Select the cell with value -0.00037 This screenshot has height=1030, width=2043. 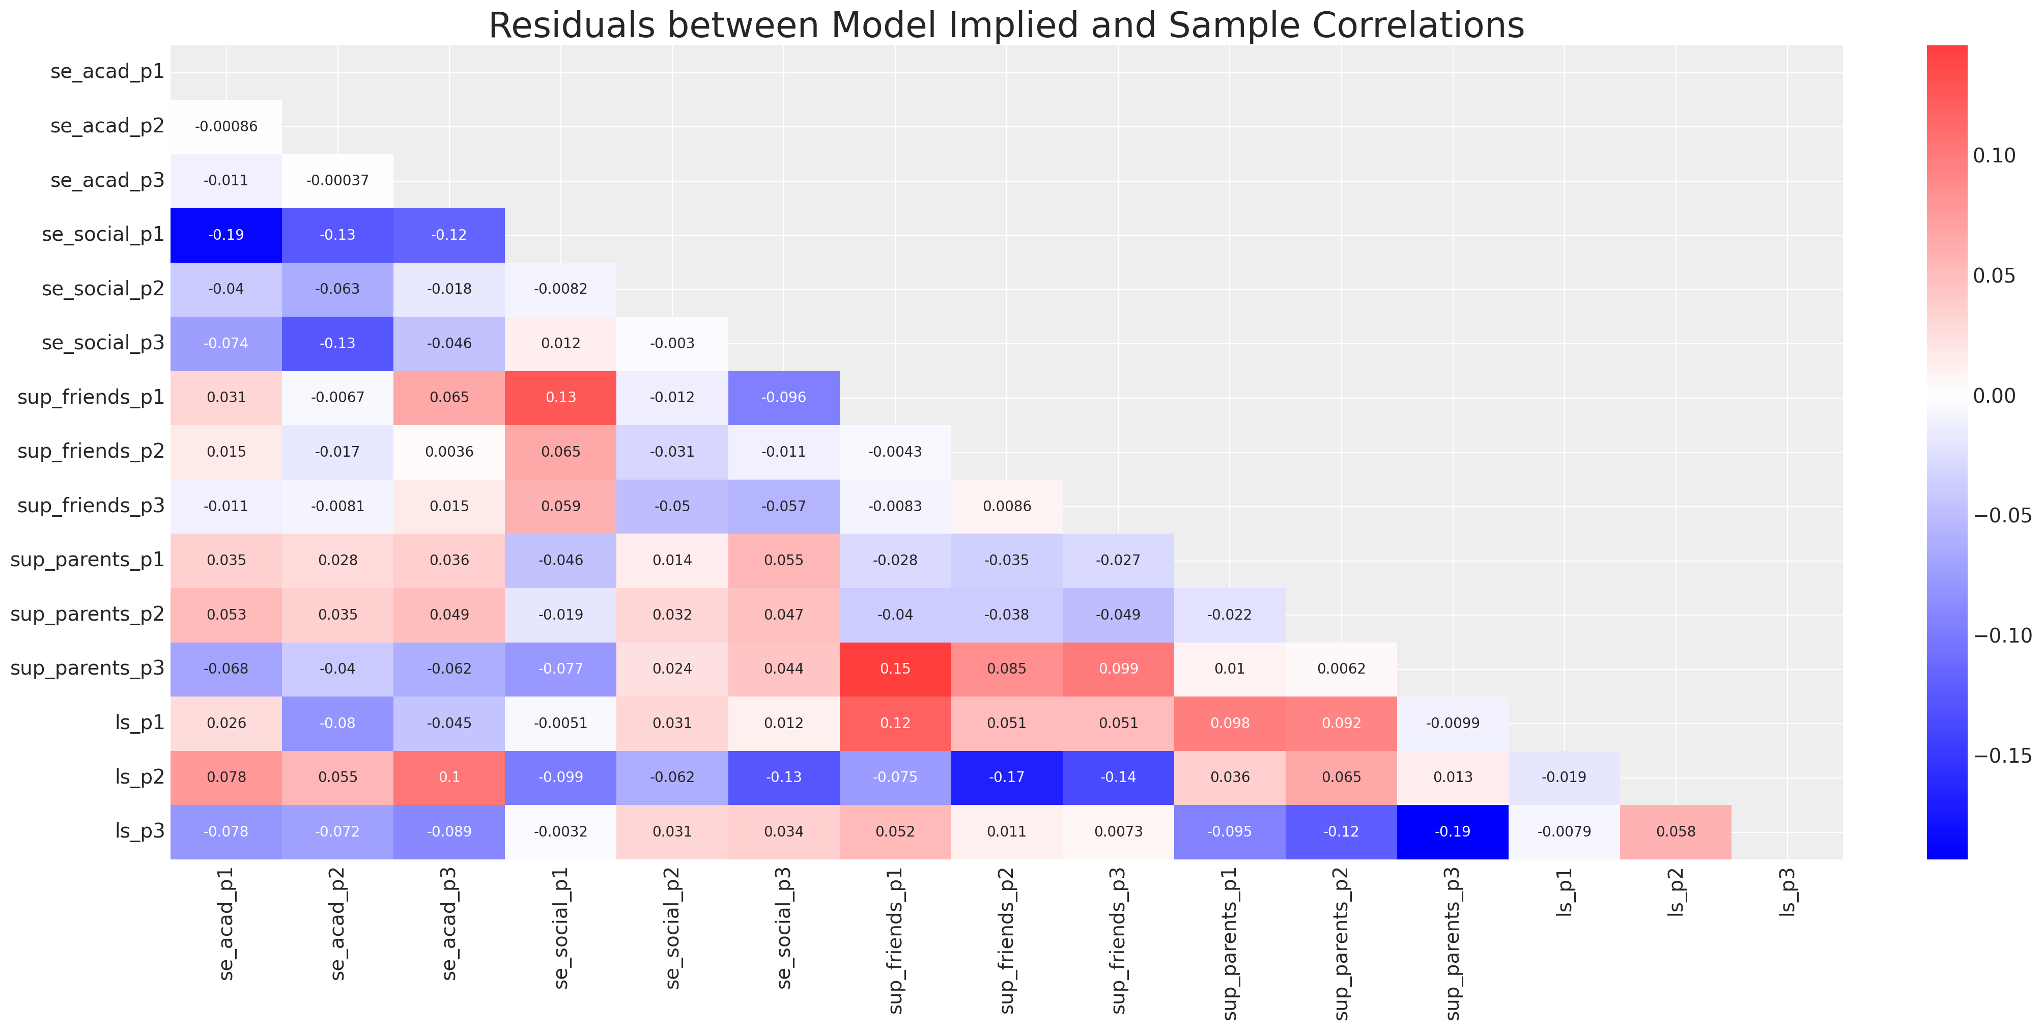tap(338, 180)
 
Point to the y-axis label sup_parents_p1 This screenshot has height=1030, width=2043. tap(87, 560)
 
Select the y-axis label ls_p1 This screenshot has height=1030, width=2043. tap(139, 723)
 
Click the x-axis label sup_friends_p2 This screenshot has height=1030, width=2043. tap(1007, 940)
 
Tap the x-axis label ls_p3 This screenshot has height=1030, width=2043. tap(1787, 893)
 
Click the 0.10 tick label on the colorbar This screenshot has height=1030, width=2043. tap(1994, 155)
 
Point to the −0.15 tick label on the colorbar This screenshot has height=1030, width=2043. tap(2002, 756)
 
